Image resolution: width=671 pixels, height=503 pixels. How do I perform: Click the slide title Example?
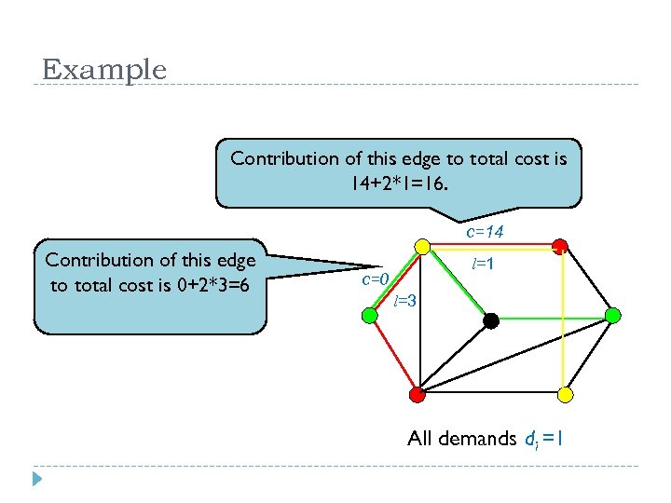104,70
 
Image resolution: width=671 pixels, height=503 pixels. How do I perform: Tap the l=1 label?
483,265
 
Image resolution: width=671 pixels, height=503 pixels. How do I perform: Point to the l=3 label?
405,301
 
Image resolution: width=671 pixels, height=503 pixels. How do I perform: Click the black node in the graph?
491,320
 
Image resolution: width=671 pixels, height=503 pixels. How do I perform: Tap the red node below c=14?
559,247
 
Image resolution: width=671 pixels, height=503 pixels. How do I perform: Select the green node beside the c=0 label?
370,316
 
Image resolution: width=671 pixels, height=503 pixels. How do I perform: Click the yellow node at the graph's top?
421,247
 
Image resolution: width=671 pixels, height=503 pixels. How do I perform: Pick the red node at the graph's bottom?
418,394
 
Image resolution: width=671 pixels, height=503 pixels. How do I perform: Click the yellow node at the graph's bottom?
565,394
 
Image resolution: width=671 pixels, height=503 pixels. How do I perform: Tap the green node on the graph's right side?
612,316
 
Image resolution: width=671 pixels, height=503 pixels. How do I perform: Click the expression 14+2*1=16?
399,184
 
